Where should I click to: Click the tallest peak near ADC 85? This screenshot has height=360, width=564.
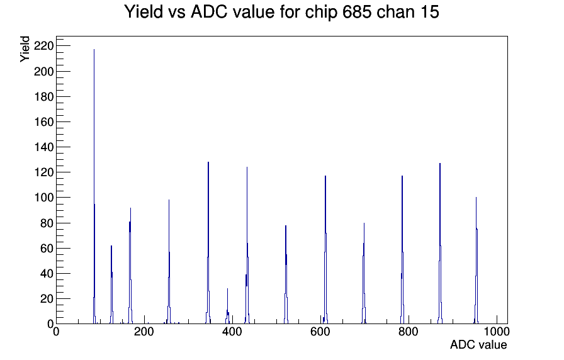pyautogui.click(x=94, y=186)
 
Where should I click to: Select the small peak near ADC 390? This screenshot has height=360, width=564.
pyautogui.click(x=228, y=306)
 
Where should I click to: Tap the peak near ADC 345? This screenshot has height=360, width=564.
pyautogui.click(x=208, y=243)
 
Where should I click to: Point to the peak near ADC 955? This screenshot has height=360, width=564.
pyautogui.click(x=477, y=261)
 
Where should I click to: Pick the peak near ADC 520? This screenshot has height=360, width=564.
pyautogui.click(x=286, y=274)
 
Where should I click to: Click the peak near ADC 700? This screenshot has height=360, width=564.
pyautogui.click(x=364, y=273)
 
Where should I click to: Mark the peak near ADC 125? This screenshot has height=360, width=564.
pyautogui.click(x=111, y=284)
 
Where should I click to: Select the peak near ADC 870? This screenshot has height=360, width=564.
pyautogui.click(x=440, y=244)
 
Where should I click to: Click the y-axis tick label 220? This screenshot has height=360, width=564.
pyautogui.click(x=43, y=46)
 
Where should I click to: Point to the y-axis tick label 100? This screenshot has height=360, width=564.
pyautogui.click(x=43, y=198)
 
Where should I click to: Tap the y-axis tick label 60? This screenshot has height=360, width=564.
pyautogui.click(x=47, y=248)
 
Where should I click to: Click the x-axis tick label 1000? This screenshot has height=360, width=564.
pyautogui.click(x=497, y=332)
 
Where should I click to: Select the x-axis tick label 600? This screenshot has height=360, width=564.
pyautogui.click(x=320, y=332)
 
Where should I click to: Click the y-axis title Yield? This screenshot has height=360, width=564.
pyautogui.click(x=25, y=49)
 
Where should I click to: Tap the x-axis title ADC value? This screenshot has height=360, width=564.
pyautogui.click(x=478, y=345)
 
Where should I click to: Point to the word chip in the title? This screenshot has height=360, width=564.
pyautogui.click(x=321, y=13)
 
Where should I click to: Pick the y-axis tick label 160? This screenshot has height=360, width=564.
pyautogui.click(x=43, y=122)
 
